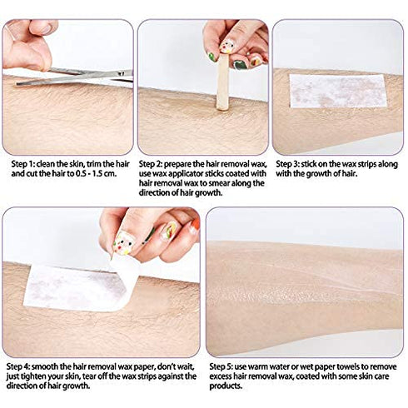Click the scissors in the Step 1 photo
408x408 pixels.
click(x=83, y=77)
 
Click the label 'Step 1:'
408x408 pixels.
click(x=19, y=165)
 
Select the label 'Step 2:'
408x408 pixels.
click(x=153, y=165)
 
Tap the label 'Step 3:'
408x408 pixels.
click(x=289, y=165)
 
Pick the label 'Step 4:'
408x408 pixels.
click(x=19, y=365)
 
